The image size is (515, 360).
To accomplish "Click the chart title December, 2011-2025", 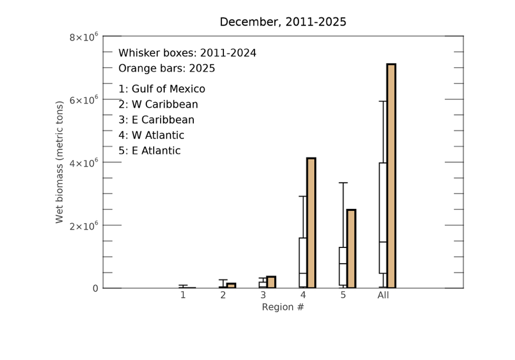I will click(x=283, y=22).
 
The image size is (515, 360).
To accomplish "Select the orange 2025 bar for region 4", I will click(x=311, y=223).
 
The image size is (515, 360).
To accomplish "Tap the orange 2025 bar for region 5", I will click(x=351, y=248).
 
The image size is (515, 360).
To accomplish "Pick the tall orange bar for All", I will click(x=391, y=176).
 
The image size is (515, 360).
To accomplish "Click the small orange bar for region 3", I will click(x=271, y=282).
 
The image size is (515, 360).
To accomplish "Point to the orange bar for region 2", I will click(x=231, y=285).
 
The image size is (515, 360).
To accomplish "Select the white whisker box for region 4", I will click(x=303, y=262).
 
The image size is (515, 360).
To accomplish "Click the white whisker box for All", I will click(x=383, y=218).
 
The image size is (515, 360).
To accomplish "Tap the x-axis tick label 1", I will click(x=183, y=295).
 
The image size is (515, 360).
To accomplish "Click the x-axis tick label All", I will click(x=383, y=295).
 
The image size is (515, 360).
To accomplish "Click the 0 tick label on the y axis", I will click(x=95, y=288).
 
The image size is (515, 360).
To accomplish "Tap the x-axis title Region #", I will click(x=283, y=307).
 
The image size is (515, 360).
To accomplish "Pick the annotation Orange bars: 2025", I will click(x=166, y=69).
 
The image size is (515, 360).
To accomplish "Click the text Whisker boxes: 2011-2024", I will click(x=187, y=53).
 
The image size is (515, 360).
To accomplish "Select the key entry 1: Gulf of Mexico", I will click(x=162, y=89).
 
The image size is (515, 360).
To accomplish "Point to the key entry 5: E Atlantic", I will click(x=149, y=151).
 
